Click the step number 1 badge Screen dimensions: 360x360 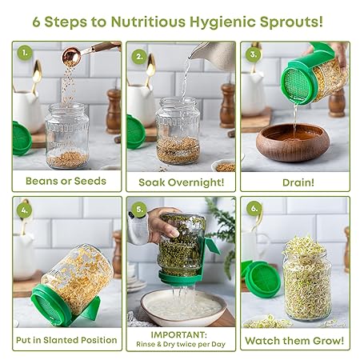[x=25, y=53]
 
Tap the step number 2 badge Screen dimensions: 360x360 [x=139, y=57]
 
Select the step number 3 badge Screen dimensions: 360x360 [x=254, y=54]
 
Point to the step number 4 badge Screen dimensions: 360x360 [x=25, y=210]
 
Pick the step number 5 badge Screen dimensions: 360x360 [x=139, y=210]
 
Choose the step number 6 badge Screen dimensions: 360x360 [x=254, y=208]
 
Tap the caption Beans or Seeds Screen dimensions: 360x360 [x=66, y=181]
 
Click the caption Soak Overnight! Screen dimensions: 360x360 [x=182, y=182]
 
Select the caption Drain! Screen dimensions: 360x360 [x=298, y=182]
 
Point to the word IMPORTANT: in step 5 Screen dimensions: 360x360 [x=178, y=334]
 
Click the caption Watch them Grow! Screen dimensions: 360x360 [x=294, y=341]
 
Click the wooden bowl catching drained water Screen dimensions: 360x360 [x=293, y=142]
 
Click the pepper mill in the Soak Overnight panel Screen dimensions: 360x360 [x=227, y=106]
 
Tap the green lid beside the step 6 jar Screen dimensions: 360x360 [x=262, y=278]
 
